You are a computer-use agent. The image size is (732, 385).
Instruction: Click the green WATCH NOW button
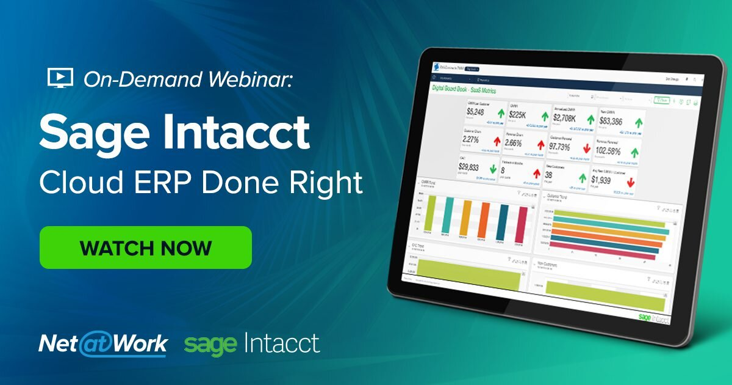(145, 248)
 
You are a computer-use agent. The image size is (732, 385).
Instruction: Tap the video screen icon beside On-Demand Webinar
(60, 78)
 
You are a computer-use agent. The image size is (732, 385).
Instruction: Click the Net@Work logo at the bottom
(103, 344)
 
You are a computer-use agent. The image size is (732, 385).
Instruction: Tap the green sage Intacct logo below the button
(251, 343)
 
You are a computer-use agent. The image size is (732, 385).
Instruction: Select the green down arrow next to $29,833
(494, 170)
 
